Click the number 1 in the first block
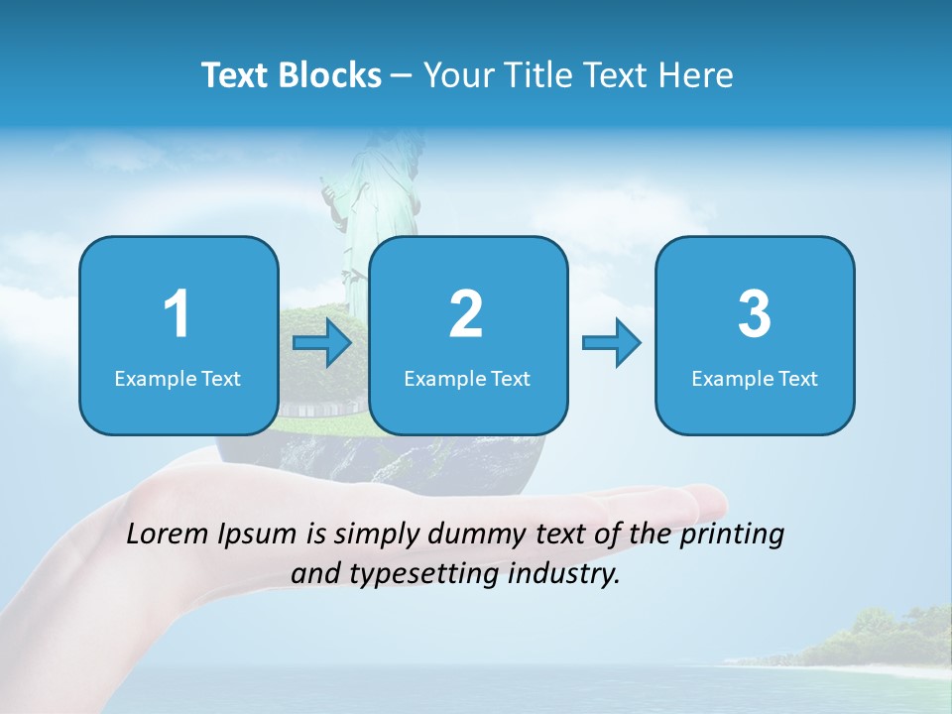coord(177,314)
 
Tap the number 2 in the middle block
coord(466,314)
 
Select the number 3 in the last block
coord(755,314)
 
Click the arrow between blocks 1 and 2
coord(322,343)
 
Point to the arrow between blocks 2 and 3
coord(611,343)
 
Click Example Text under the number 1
coord(178,378)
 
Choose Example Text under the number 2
coord(467,378)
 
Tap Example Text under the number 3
coord(755,378)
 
